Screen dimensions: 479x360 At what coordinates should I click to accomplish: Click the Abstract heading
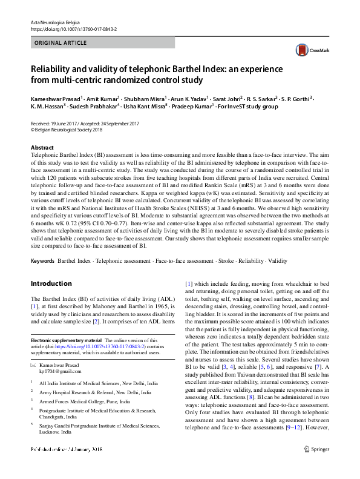42,148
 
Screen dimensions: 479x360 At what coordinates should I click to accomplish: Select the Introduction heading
51,283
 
